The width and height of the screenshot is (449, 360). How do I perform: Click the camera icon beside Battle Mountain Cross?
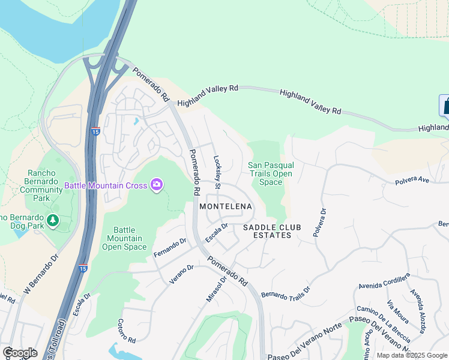[157, 185]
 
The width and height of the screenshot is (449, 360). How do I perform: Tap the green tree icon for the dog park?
[53, 221]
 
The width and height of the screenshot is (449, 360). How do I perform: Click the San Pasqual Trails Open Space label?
[271, 173]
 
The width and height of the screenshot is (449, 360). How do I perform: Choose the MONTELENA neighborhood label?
[226, 206]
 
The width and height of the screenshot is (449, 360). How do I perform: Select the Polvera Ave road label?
[412, 179]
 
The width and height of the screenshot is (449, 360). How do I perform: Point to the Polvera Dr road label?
[319, 223]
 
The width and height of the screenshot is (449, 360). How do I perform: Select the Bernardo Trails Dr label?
[285, 292]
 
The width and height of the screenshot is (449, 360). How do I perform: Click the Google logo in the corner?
[20, 353]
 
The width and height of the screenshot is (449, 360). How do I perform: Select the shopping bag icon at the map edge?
[445, 106]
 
